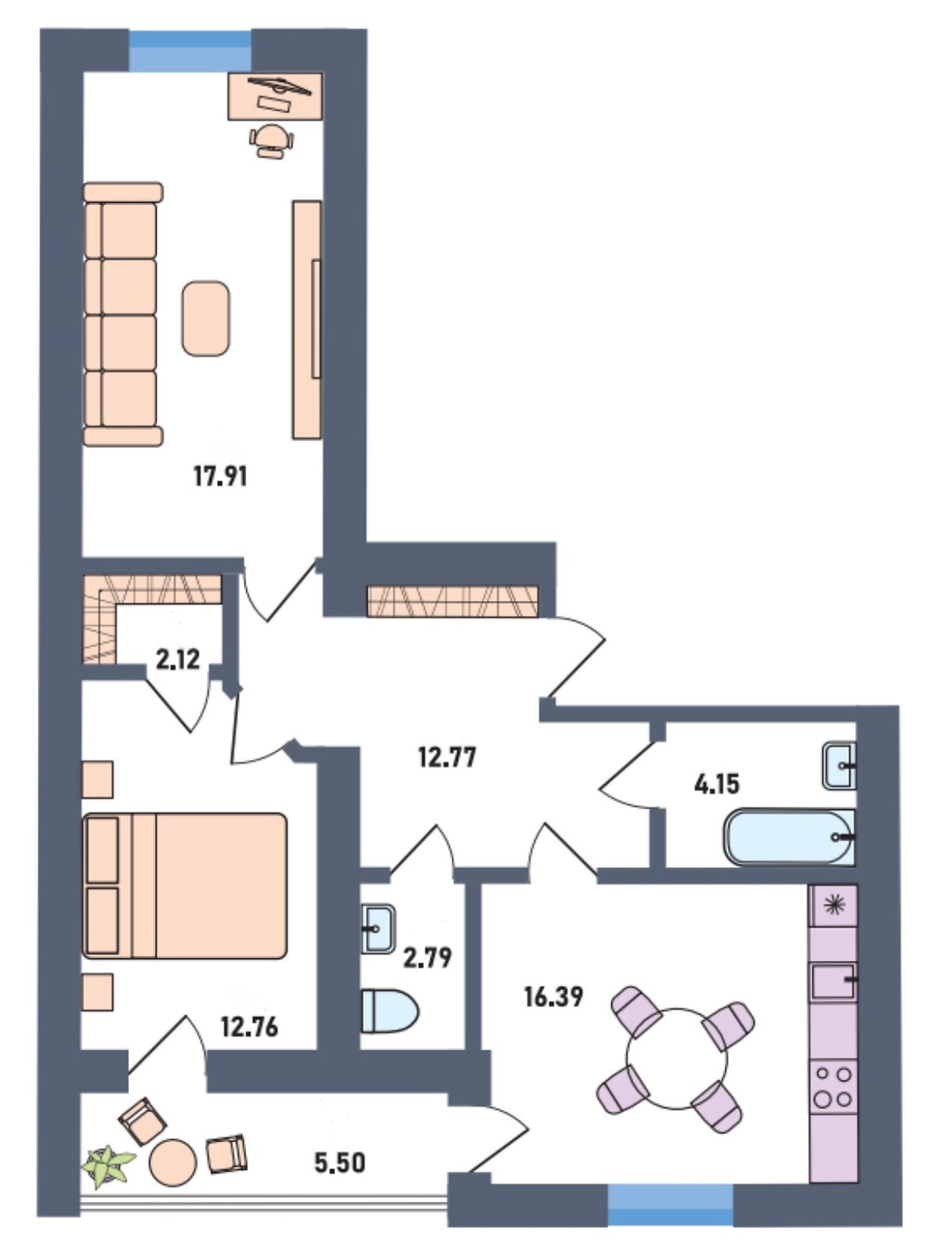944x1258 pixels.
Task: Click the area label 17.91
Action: point(221,477)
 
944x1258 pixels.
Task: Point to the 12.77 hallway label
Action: point(447,758)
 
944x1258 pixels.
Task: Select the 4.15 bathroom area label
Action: point(717,783)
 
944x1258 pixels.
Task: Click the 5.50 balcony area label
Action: point(340,1163)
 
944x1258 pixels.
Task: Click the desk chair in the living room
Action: point(271,141)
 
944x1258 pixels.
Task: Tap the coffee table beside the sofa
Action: point(206,318)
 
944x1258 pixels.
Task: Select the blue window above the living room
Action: point(190,50)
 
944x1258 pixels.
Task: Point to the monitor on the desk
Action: point(279,85)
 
